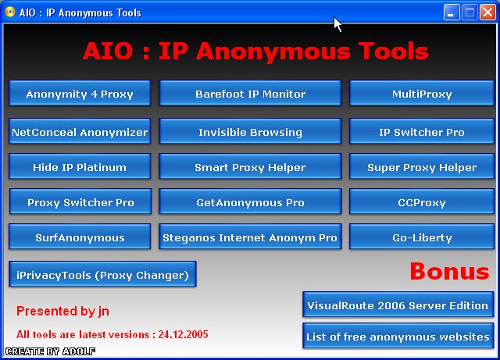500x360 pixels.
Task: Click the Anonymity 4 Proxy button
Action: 80,93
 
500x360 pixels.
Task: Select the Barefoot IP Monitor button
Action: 250,93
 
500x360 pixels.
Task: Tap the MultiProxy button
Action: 422,93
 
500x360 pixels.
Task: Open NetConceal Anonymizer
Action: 80,131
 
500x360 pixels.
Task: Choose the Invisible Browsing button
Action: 250,131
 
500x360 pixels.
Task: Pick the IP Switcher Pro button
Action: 422,131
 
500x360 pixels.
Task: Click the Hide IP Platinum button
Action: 80,166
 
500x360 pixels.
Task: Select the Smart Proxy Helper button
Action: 250,166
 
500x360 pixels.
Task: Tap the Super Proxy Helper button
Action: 422,166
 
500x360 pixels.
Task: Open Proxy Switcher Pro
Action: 80,201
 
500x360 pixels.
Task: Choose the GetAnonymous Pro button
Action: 250,201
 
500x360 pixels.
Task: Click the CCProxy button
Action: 422,201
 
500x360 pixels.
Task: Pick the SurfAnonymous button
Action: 80,237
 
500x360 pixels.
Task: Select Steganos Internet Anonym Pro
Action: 250,237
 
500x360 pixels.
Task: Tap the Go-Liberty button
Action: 422,237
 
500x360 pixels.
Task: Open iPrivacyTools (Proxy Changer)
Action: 102,274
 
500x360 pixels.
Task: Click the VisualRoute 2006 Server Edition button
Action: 398,305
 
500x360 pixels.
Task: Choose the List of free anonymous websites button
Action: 398,336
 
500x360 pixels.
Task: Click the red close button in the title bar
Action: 487,12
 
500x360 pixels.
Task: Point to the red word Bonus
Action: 449,271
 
